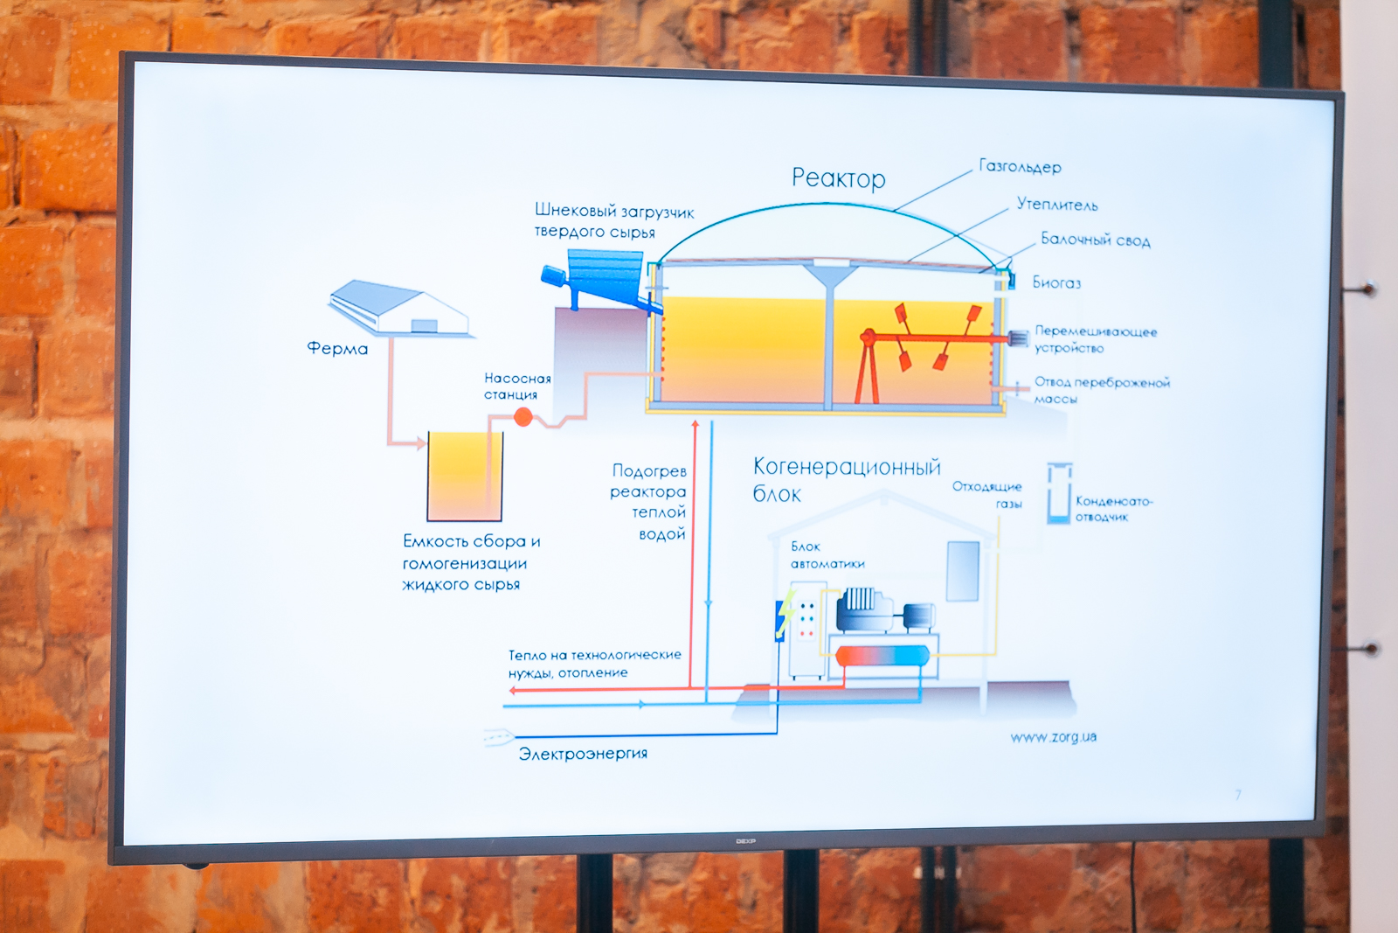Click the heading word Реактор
(838, 178)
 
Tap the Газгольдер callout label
(1020, 166)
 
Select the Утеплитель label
(1056, 205)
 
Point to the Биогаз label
(1056, 282)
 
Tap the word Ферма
(337, 349)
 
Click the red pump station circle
(523, 417)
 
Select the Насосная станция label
(517, 386)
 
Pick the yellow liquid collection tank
(465, 477)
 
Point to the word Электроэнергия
(583, 754)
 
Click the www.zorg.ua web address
(1053, 737)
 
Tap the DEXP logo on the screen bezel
(745, 841)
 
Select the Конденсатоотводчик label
(1113, 508)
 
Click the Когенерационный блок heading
(846, 479)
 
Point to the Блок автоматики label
(827, 555)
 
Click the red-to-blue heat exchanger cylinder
(882, 656)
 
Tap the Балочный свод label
(1095, 240)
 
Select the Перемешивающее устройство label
(1095, 339)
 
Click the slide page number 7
(1237, 795)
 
